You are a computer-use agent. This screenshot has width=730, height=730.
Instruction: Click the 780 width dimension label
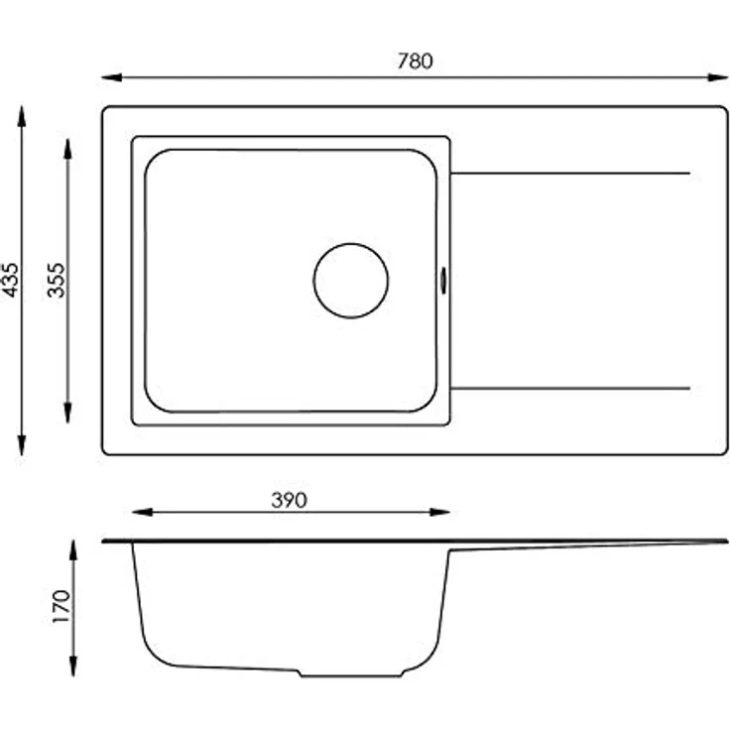pyautogui.click(x=415, y=61)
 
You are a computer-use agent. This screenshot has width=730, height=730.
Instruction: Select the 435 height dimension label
pyautogui.click(x=10, y=280)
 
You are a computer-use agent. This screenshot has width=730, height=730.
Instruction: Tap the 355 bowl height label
pyautogui.click(x=57, y=280)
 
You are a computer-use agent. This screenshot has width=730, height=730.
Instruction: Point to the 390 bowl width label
pyautogui.click(x=289, y=500)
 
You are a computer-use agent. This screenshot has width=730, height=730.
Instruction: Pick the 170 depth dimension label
pyautogui.click(x=61, y=606)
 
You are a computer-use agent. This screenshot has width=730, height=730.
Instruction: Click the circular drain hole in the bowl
pyautogui.click(x=351, y=281)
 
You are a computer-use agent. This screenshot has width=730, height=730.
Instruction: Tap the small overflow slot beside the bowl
pyautogui.click(x=443, y=281)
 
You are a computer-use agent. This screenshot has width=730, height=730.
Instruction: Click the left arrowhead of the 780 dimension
pyautogui.click(x=112, y=77)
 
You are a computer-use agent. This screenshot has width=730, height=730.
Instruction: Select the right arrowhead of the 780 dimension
pyautogui.click(x=717, y=77)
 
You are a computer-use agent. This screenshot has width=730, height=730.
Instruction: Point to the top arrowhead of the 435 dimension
pyautogui.click(x=22, y=116)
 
